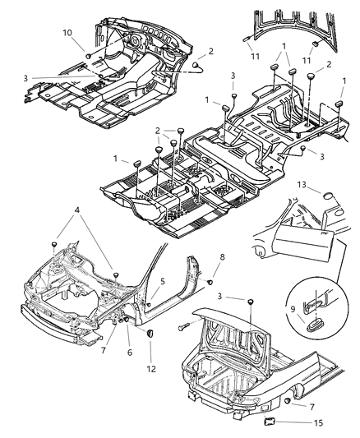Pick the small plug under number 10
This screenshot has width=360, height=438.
tap(86, 53)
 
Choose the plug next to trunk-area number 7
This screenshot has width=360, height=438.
tap(282, 403)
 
